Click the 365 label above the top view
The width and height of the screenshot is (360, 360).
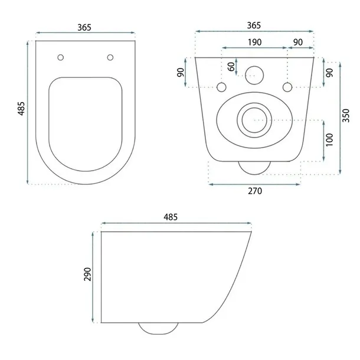click(84, 27)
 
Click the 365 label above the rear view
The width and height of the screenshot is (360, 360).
click(254, 25)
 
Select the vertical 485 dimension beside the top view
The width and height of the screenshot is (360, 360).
click(21, 109)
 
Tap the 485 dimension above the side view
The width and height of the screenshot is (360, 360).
click(171, 217)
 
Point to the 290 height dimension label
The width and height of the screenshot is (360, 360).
click(87, 274)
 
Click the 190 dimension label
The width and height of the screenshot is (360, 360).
click(254, 42)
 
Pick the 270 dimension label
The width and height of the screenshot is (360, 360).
click(255, 191)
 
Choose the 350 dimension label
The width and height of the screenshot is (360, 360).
click(346, 116)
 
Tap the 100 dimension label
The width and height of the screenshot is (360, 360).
click(329, 140)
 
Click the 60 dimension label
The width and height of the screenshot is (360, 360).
click(232, 67)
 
